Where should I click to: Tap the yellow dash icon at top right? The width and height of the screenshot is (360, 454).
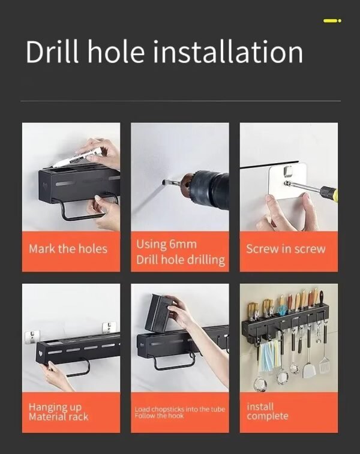(332, 21)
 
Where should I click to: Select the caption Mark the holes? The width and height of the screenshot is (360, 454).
(68, 248)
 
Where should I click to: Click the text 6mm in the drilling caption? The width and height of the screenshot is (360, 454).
(181, 245)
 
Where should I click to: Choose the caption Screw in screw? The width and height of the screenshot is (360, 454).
(286, 248)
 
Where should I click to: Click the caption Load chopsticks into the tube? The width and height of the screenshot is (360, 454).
(179, 409)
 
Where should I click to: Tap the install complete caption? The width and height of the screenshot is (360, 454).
(267, 411)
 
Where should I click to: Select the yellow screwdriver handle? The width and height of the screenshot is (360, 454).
(328, 194)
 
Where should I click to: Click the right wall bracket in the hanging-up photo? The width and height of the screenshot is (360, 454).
(109, 327)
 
